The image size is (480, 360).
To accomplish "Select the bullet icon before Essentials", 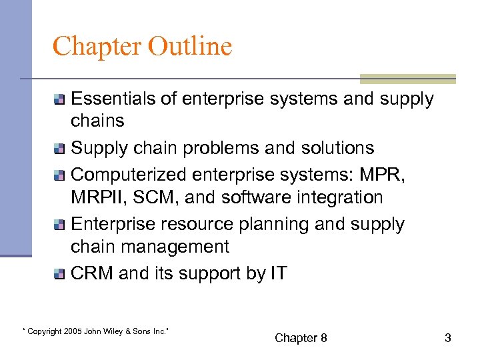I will click(60, 100).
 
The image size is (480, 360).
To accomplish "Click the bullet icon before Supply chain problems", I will click(60, 149).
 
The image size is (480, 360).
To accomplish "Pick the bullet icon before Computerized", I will click(60, 174).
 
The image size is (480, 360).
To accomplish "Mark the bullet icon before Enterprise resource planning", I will click(60, 225).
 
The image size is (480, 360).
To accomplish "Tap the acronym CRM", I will click(91, 273).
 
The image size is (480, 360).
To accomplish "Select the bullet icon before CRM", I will click(60, 273).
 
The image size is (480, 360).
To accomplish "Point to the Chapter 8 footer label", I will click(301, 338).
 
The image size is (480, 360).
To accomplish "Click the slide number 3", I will click(447, 338).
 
